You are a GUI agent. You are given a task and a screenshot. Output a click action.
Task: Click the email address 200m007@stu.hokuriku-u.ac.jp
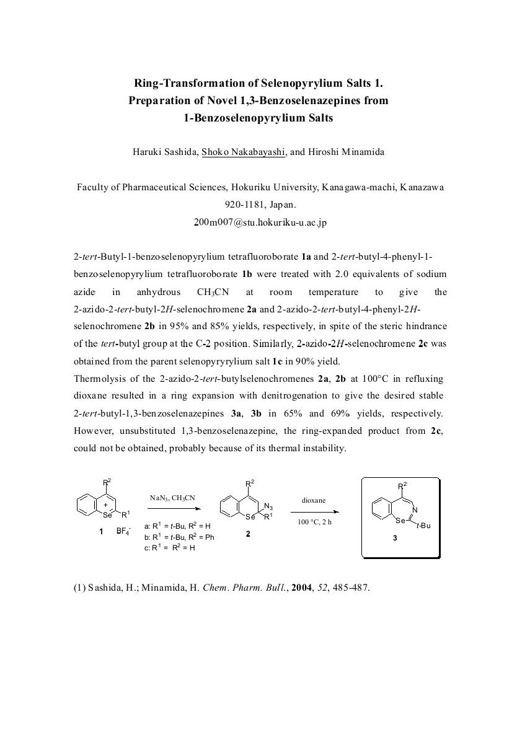[x=260, y=223]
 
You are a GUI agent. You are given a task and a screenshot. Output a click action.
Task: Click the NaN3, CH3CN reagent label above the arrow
[x=172, y=497]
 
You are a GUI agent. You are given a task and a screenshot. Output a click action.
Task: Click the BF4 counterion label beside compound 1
[x=123, y=531]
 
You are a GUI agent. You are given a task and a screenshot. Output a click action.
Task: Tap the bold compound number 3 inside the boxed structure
[x=395, y=539]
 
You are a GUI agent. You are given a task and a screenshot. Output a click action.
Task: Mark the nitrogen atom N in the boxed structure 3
[x=415, y=510]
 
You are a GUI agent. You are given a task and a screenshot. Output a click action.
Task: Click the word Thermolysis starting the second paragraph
[x=97, y=378]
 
